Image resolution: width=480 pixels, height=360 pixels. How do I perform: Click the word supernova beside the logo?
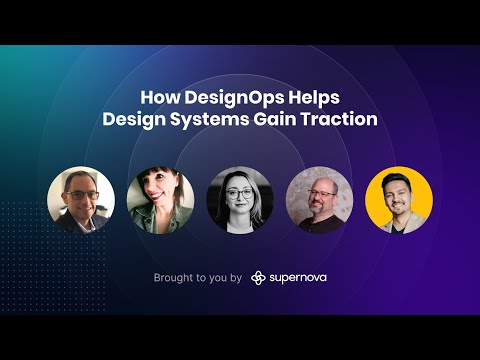coord(298,277)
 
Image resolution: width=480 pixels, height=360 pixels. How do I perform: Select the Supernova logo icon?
coord(258,277)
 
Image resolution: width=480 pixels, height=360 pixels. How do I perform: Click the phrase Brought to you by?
coord(198,277)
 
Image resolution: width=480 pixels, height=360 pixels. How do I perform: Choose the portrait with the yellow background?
coord(399,200)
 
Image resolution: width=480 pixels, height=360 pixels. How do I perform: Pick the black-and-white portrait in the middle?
coord(239,200)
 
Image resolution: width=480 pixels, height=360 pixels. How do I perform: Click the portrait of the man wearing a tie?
coord(81,200)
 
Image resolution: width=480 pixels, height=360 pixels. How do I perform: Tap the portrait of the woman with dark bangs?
coord(160,200)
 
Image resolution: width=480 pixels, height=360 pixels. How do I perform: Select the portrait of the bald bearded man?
coord(319,200)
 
